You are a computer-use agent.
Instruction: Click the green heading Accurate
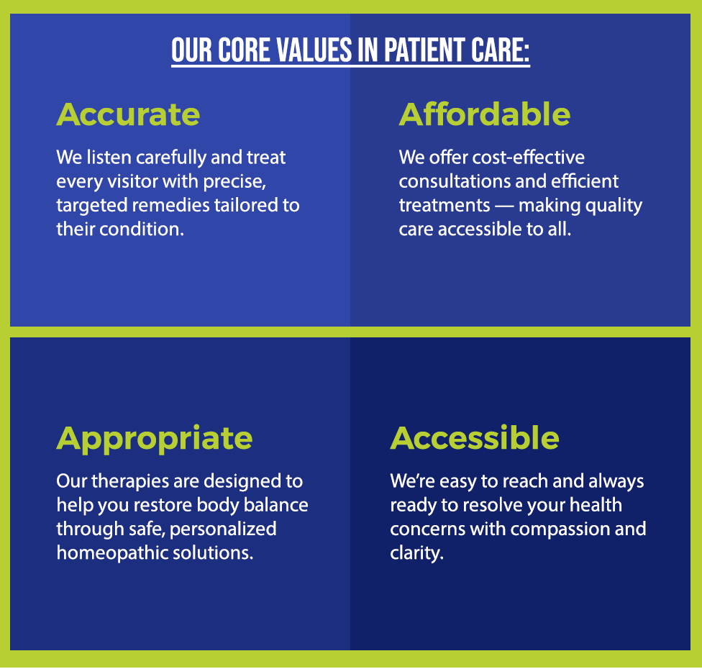tap(128, 114)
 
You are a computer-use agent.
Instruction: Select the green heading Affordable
tap(484, 114)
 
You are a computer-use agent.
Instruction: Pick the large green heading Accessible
tap(475, 437)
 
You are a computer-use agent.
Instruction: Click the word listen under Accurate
tap(109, 157)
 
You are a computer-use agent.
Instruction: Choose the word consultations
tap(455, 181)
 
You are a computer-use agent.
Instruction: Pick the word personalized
tap(223, 529)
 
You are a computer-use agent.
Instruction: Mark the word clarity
tap(417, 553)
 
